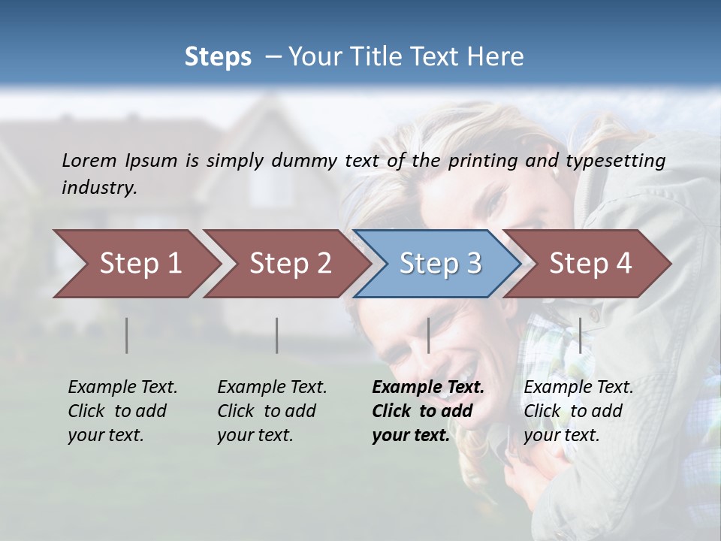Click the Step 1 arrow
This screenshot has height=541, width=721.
[140, 264]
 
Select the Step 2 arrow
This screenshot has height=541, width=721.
[290, 264]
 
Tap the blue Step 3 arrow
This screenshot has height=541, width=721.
[440, 264]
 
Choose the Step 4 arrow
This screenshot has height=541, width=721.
[590, 264]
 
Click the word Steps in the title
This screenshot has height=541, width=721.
[218, 57]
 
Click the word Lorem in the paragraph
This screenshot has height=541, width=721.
[89, 160]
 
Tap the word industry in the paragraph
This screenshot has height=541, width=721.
[99, 187]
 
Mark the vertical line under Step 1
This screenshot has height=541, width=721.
[127, 335]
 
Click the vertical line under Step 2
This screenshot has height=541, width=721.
[277, 335]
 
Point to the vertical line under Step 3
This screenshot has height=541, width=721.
[428, 335]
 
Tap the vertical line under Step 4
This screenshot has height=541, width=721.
[580, 335]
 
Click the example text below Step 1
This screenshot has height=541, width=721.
[122, 410]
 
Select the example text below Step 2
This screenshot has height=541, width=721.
[272, 410]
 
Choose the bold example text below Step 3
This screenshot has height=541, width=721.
[427, 410]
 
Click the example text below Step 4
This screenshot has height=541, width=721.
[578, 410]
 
